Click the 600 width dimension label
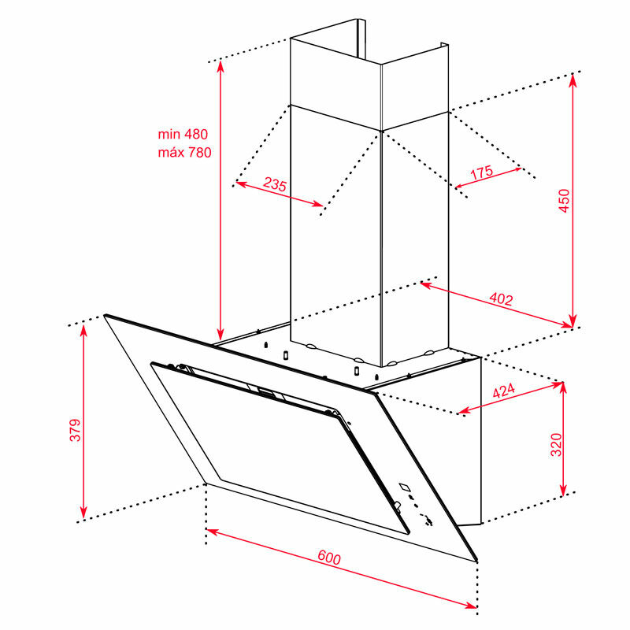329,558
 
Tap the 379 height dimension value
75,430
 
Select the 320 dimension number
556,444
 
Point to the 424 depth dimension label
503,390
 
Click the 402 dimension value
501,299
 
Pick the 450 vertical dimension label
564,201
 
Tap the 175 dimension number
481,172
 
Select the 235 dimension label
275,184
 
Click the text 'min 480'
183,134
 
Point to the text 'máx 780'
184,152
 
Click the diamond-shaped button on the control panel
405,487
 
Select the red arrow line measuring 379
83,421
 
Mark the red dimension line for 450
573,201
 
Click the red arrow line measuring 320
563,439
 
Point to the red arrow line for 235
280,194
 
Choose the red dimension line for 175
488,178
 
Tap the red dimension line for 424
510,398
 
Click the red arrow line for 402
497,305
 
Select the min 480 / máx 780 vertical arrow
220,201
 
